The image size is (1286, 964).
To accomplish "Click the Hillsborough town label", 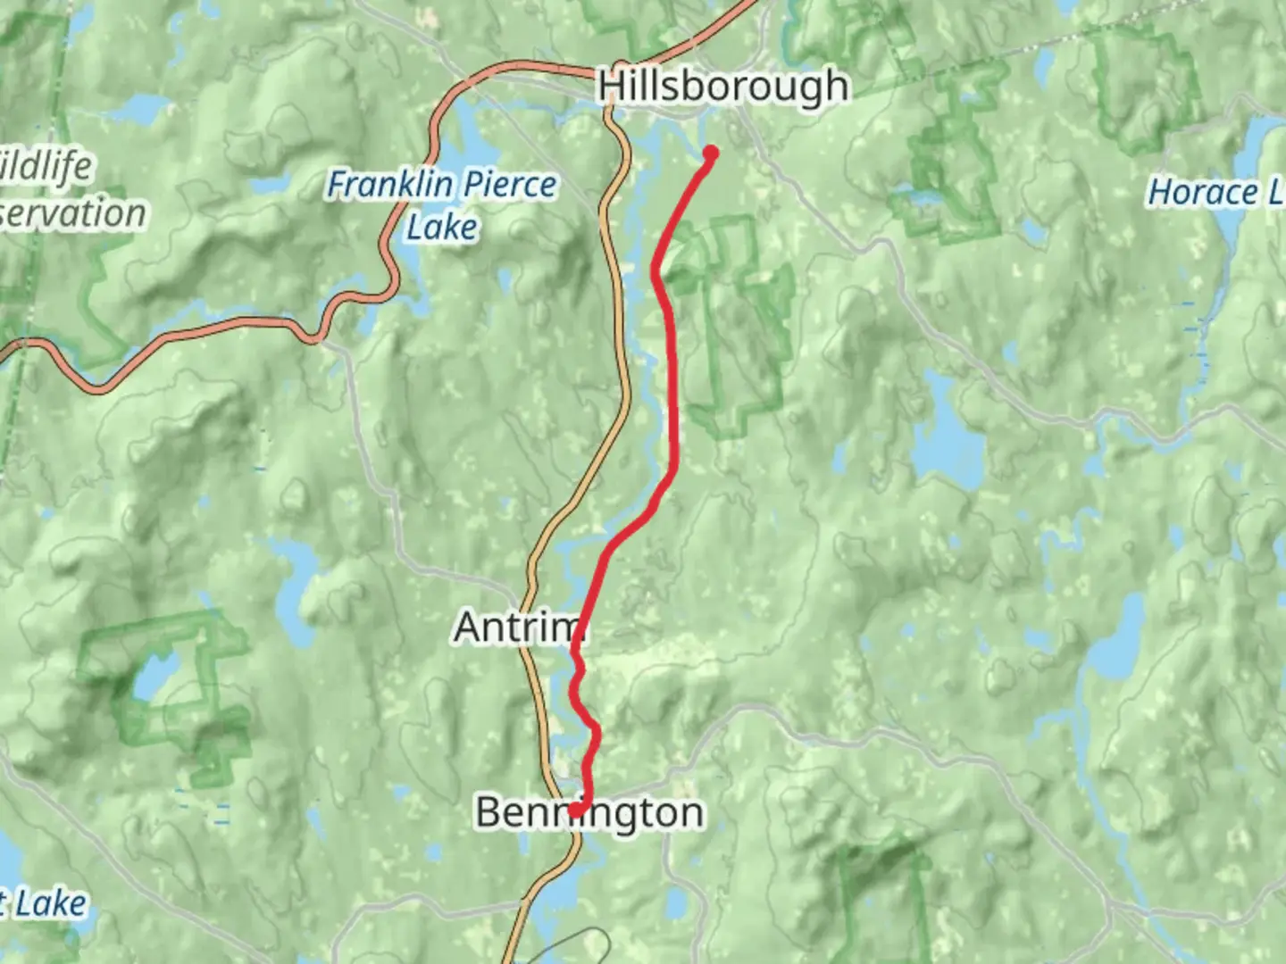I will pyautogui.click(x=722, y=87).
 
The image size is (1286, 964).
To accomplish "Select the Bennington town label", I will pyautogui.click(x=589, y=813).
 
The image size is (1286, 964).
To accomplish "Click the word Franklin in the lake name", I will pyautogui.click(x=388, y=185).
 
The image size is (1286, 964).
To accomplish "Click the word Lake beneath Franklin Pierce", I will pyautogui.click(x=441, y=227).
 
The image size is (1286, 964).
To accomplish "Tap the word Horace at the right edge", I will pyautogui.click(x=1201, y=192).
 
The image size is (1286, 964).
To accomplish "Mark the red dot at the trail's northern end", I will pyautogui.click(x=711, y=153).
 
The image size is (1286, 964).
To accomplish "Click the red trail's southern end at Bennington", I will pyautogui.click(x=576, y=810).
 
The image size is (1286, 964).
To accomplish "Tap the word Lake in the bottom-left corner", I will pyautogui.click(x=50, y=903).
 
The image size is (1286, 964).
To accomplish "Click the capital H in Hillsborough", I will pyautogui.click(x=611, y=87).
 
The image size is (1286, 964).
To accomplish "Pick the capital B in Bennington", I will pyautogui.click(x=488, y=813).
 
